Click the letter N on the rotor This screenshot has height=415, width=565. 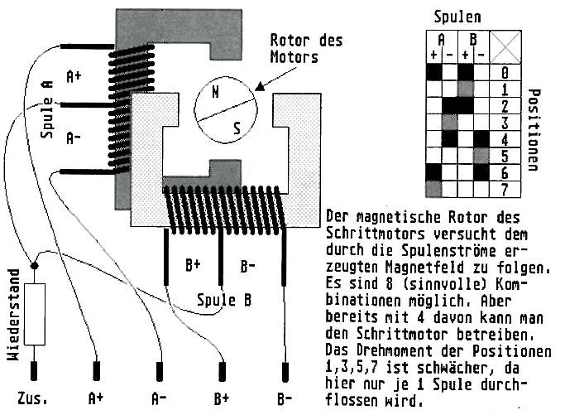pos(216,93)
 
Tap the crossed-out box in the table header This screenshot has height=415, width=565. pos(504,45)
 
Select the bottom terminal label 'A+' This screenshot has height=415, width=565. pos(96,398)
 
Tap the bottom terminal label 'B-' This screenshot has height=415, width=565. pos(285,398)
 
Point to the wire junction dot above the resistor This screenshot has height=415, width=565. pos(33,267)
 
